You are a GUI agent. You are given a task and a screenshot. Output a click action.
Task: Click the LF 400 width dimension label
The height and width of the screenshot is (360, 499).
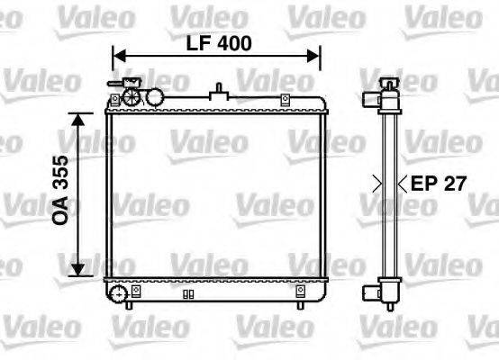pyautogui.click(x=219, y=42)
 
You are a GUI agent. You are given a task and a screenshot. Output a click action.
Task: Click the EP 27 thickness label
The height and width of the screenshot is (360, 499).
pyautogui.click(x=439, y=184)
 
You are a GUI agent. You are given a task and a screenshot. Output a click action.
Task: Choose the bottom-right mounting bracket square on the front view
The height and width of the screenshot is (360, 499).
pyautogui.click(x=300, y=291)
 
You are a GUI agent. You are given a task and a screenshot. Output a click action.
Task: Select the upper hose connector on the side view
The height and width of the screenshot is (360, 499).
pyautogui.click(x=371, y=100)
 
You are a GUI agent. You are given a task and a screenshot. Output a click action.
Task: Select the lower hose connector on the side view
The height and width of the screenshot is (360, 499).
pyautogui.click(x=372, y=290)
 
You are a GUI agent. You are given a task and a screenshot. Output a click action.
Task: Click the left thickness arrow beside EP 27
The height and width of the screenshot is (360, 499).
pyautogui.click(x=377, y=184)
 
